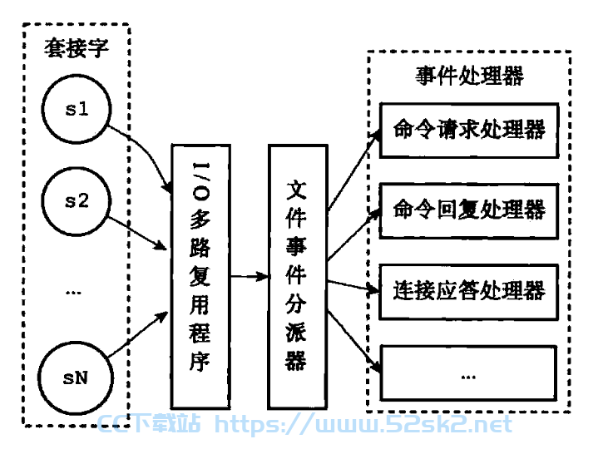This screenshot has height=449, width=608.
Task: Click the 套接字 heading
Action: pos(76,48)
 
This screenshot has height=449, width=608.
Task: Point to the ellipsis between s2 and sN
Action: pos(73,293)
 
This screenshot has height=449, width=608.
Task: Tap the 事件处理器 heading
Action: pos(469,76)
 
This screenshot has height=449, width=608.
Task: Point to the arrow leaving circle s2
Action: pos(137,233)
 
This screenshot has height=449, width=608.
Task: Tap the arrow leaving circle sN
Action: pos(138,334)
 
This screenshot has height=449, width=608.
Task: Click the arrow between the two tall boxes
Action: pos(250,276)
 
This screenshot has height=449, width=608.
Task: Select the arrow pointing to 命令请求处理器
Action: pos(354,170)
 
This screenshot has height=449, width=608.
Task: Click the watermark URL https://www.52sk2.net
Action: pos(363,424)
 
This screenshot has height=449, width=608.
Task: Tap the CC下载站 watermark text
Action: pos(149,423)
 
